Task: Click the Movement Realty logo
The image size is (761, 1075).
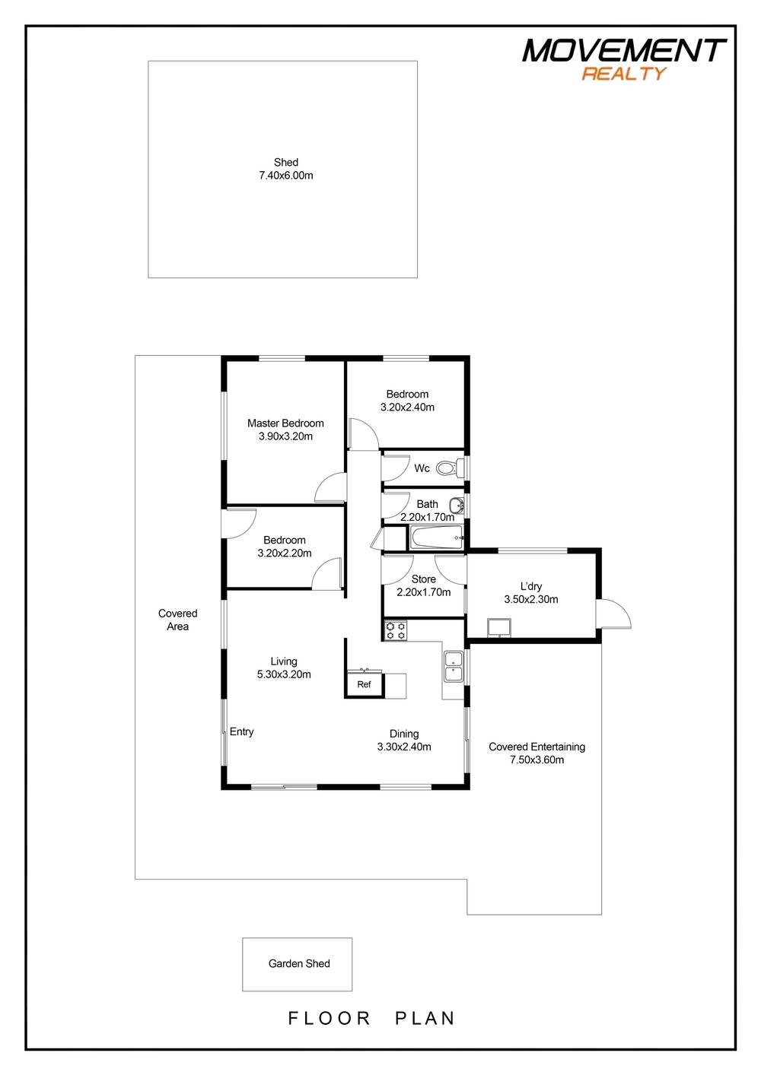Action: coord(623,59)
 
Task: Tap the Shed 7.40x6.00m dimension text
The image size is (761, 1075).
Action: coord(286,176)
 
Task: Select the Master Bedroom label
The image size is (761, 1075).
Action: coord(285,423)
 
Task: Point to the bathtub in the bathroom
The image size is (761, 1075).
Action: coord(437,538)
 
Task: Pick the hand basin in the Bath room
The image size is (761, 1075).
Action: coord(456,505)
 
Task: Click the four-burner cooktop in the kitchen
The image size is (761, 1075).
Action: coord(396,630)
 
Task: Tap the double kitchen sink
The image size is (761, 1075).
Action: coord(454,665)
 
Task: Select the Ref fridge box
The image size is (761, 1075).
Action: coord(364,685)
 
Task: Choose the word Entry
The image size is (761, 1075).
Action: coord(242,731)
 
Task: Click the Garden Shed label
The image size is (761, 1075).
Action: coord(299,963)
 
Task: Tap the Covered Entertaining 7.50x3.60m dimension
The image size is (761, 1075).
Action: coord(537,759)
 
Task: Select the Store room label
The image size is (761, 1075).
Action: coord(424,579)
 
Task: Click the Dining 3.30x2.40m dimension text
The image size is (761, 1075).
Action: coord(404,747)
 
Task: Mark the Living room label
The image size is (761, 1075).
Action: coord(284,661)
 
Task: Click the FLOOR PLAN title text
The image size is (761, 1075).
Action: coord(371,1018)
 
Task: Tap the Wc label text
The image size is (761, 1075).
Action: coord(422,468)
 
